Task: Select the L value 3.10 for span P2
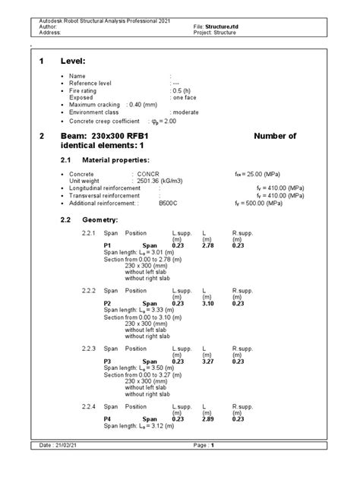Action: tap(207, 303)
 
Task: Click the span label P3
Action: tap(108, 361)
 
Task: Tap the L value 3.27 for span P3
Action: tap(207, 361)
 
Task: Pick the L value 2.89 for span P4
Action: tap(207, 418)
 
